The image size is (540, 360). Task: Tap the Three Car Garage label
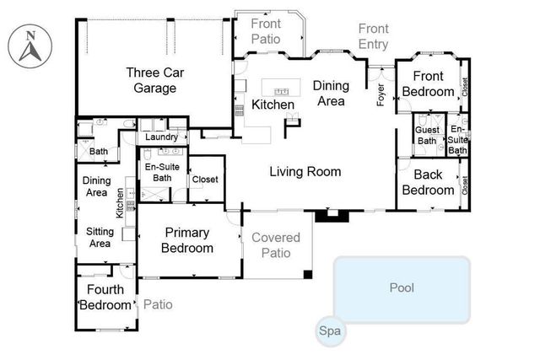click(152, 80)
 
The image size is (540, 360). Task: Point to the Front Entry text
click(374, 37)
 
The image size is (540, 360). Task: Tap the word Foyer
click(381, 94)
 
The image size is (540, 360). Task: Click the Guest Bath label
click(426, 135)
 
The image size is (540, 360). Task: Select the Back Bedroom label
click(428, 183)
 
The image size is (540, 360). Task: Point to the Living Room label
click(305, 172)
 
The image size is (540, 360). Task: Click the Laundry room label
click(161, 137)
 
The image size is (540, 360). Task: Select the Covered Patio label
click(276, 244)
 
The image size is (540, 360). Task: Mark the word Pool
click(402, 287)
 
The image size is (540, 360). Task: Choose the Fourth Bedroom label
click(105, 297)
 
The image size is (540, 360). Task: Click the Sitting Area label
click(100, 237)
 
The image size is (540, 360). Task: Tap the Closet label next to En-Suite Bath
click(205, 180)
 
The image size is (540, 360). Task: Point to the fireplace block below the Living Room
click(332, 216)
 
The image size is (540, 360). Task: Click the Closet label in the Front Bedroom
click(464, 85)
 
